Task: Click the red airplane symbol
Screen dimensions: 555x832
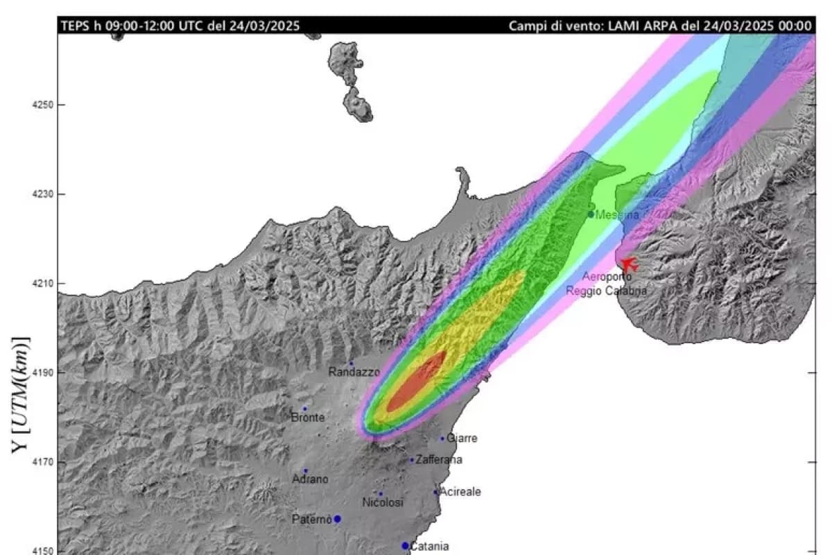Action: [628, 264]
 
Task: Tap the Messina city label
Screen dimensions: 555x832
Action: [617, 215]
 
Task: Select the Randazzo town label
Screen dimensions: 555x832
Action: [354, 372]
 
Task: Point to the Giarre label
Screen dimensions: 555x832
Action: [462, 438]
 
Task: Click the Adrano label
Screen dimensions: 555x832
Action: [310, 479]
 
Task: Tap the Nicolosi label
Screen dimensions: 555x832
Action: [383, 502]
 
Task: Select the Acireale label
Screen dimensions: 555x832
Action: [460, 492]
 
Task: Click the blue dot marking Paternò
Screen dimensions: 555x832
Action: [337, 518]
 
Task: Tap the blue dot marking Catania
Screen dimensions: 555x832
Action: [405, 545]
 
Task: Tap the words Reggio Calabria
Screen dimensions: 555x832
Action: [607, 291]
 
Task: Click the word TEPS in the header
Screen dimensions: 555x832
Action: [74, 26]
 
